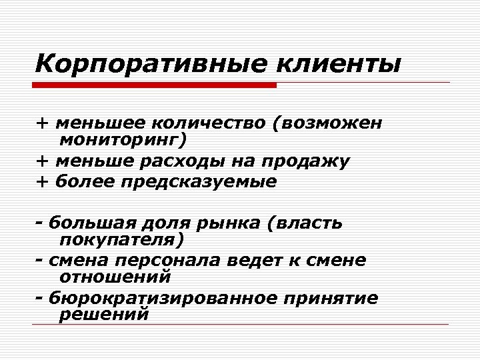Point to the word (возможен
click(x=332, y=123)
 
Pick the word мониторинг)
click(x=124, y=140)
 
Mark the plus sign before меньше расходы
click(x=43, y=161)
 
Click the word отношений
click(x=115, y=275)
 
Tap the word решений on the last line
click(x=104, y=315)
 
